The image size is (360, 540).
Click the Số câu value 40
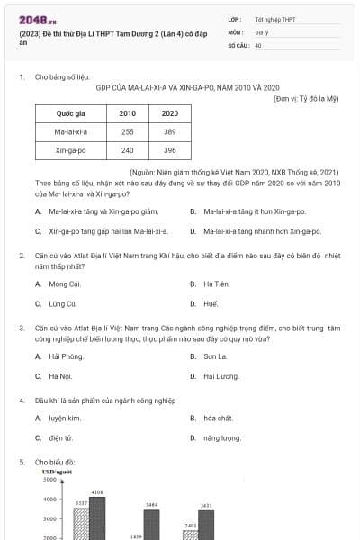click(258, 43)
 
